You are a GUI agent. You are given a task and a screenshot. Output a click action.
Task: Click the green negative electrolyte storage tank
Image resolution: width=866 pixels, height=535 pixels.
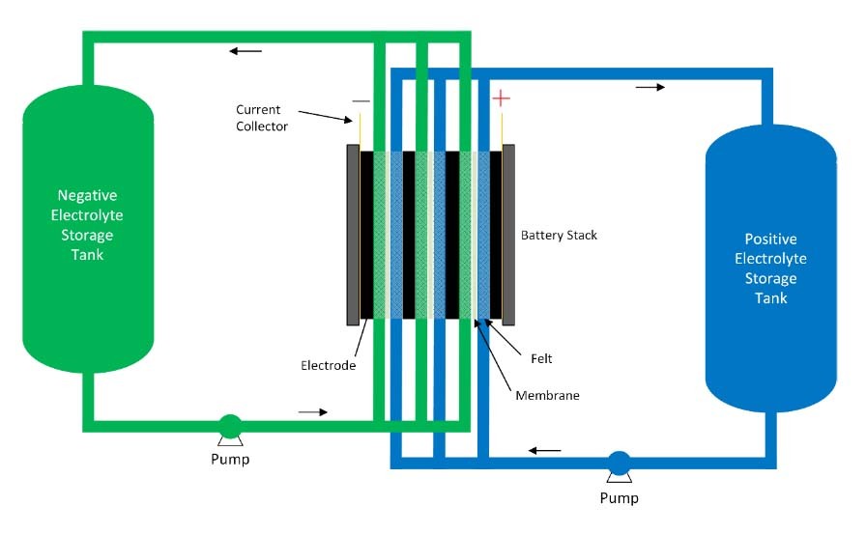tap(88, 229)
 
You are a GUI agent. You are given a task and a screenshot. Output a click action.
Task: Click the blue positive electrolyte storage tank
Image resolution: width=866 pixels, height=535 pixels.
tap(771, 268)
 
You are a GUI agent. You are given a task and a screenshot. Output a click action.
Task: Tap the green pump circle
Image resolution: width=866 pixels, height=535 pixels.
tap(230, 426)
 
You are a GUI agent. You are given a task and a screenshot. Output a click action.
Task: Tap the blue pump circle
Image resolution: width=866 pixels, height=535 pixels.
tap(620, 463)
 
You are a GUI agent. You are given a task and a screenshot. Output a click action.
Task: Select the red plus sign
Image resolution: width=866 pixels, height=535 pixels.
tap(501, 99)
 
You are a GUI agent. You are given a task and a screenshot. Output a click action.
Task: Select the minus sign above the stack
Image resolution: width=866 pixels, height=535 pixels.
tap(361, 101)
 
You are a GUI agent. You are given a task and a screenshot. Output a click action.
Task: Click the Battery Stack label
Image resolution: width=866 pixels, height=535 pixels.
tap(559, 235)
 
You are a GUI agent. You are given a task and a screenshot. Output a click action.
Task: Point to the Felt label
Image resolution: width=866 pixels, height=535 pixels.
tap(541, 358)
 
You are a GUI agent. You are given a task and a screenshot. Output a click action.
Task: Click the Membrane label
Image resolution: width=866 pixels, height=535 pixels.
tap(547, 396)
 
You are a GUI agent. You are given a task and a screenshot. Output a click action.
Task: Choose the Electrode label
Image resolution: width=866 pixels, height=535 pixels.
tap(328, 365)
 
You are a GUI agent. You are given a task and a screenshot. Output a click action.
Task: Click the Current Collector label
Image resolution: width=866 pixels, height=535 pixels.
tap(262, 118)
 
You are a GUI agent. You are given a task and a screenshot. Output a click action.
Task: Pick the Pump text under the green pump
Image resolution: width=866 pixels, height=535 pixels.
tap(230, 460)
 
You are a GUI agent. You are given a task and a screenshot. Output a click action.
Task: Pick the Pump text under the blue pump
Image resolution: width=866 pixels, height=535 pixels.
tap(620, 498)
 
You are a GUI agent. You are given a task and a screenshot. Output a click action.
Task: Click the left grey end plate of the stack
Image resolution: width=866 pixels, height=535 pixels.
tap(353, 235)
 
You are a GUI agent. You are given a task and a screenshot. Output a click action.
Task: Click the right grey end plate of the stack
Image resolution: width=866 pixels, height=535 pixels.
tap(508, 235)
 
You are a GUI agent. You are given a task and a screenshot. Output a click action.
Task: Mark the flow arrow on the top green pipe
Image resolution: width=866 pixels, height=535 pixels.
tap(245, 51)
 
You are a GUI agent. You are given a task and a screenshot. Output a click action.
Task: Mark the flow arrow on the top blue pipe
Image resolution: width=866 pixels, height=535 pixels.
tap(650, 87)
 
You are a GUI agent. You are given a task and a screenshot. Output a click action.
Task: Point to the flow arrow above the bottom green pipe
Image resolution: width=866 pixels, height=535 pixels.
tap(313, 412)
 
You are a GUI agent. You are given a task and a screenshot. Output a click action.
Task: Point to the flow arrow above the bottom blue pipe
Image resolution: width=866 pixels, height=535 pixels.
tap(544, 451)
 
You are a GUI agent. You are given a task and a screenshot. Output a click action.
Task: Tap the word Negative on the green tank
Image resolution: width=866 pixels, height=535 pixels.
tap(87, 195)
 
